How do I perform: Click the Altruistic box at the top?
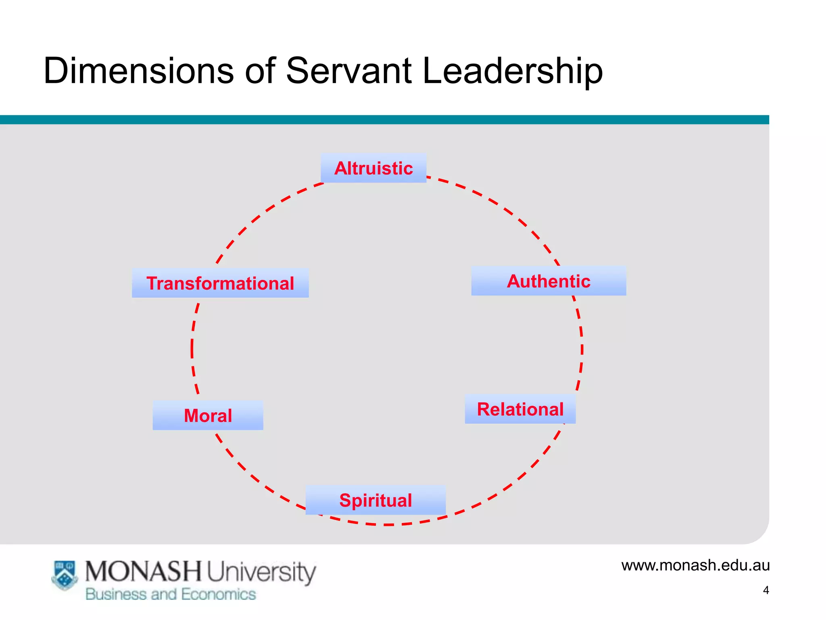(373, 168)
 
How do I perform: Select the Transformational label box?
(220, 283)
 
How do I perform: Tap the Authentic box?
(549, 281)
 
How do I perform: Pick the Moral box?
(208, 415)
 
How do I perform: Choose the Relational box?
(520, 409)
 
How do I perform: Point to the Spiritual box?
(375, 500)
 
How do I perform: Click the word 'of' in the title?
(260, 71)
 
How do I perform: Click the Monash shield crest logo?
(65, 575)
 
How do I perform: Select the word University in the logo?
(261, 572)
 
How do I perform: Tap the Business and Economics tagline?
(171, 594)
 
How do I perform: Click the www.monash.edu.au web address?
(695, 565)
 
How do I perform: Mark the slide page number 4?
(766, 590)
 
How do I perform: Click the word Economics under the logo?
(218, 594)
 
